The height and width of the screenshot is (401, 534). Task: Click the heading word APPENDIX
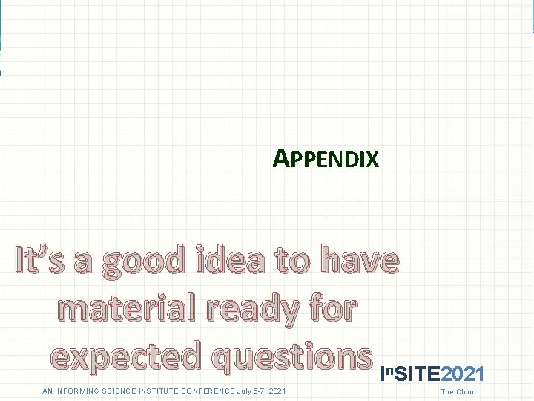[326, 158]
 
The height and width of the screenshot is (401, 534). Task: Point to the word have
[360, 261]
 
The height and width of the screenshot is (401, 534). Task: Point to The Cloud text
[458, 392]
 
